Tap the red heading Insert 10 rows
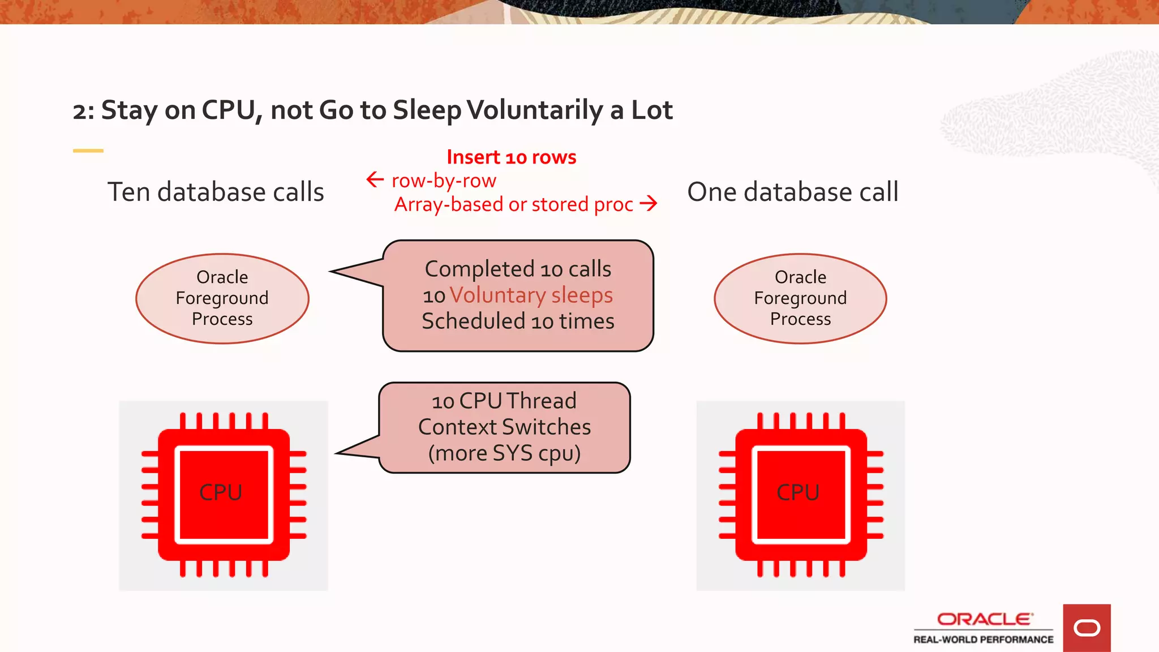[x=511, y=157]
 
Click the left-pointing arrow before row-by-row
[x=375, y=180]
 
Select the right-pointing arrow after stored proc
[x=649, y=203]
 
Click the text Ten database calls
[x=216, y=192]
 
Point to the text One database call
[x=792, y=192]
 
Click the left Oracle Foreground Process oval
[x=222, y=298]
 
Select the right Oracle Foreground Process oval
[x=800, y=298]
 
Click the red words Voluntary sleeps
[x=531, y=295]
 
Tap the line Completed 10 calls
[x=518, y=269]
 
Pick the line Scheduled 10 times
[x=518, y=321]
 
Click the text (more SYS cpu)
[x=504, y=453]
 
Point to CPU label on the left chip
[x=221, y=492]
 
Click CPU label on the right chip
[x=798, y=492]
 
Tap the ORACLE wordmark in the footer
[x=984, y=619]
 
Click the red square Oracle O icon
[x=1087, y=628]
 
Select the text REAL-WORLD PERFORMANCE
[x=983, y=640]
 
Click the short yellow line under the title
[x=88, y=151]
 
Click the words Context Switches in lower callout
[x=504, y=427]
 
